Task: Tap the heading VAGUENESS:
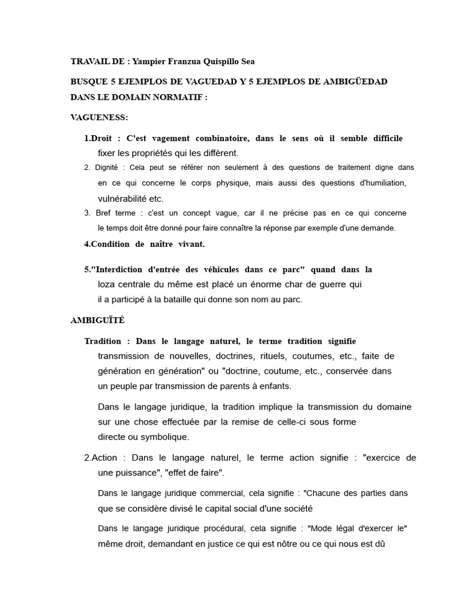tap(99, 117)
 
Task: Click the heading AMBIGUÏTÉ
tap(97, 320)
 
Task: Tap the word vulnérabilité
tap(122, 198)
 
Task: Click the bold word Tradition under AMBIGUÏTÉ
tap(103, 341)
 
